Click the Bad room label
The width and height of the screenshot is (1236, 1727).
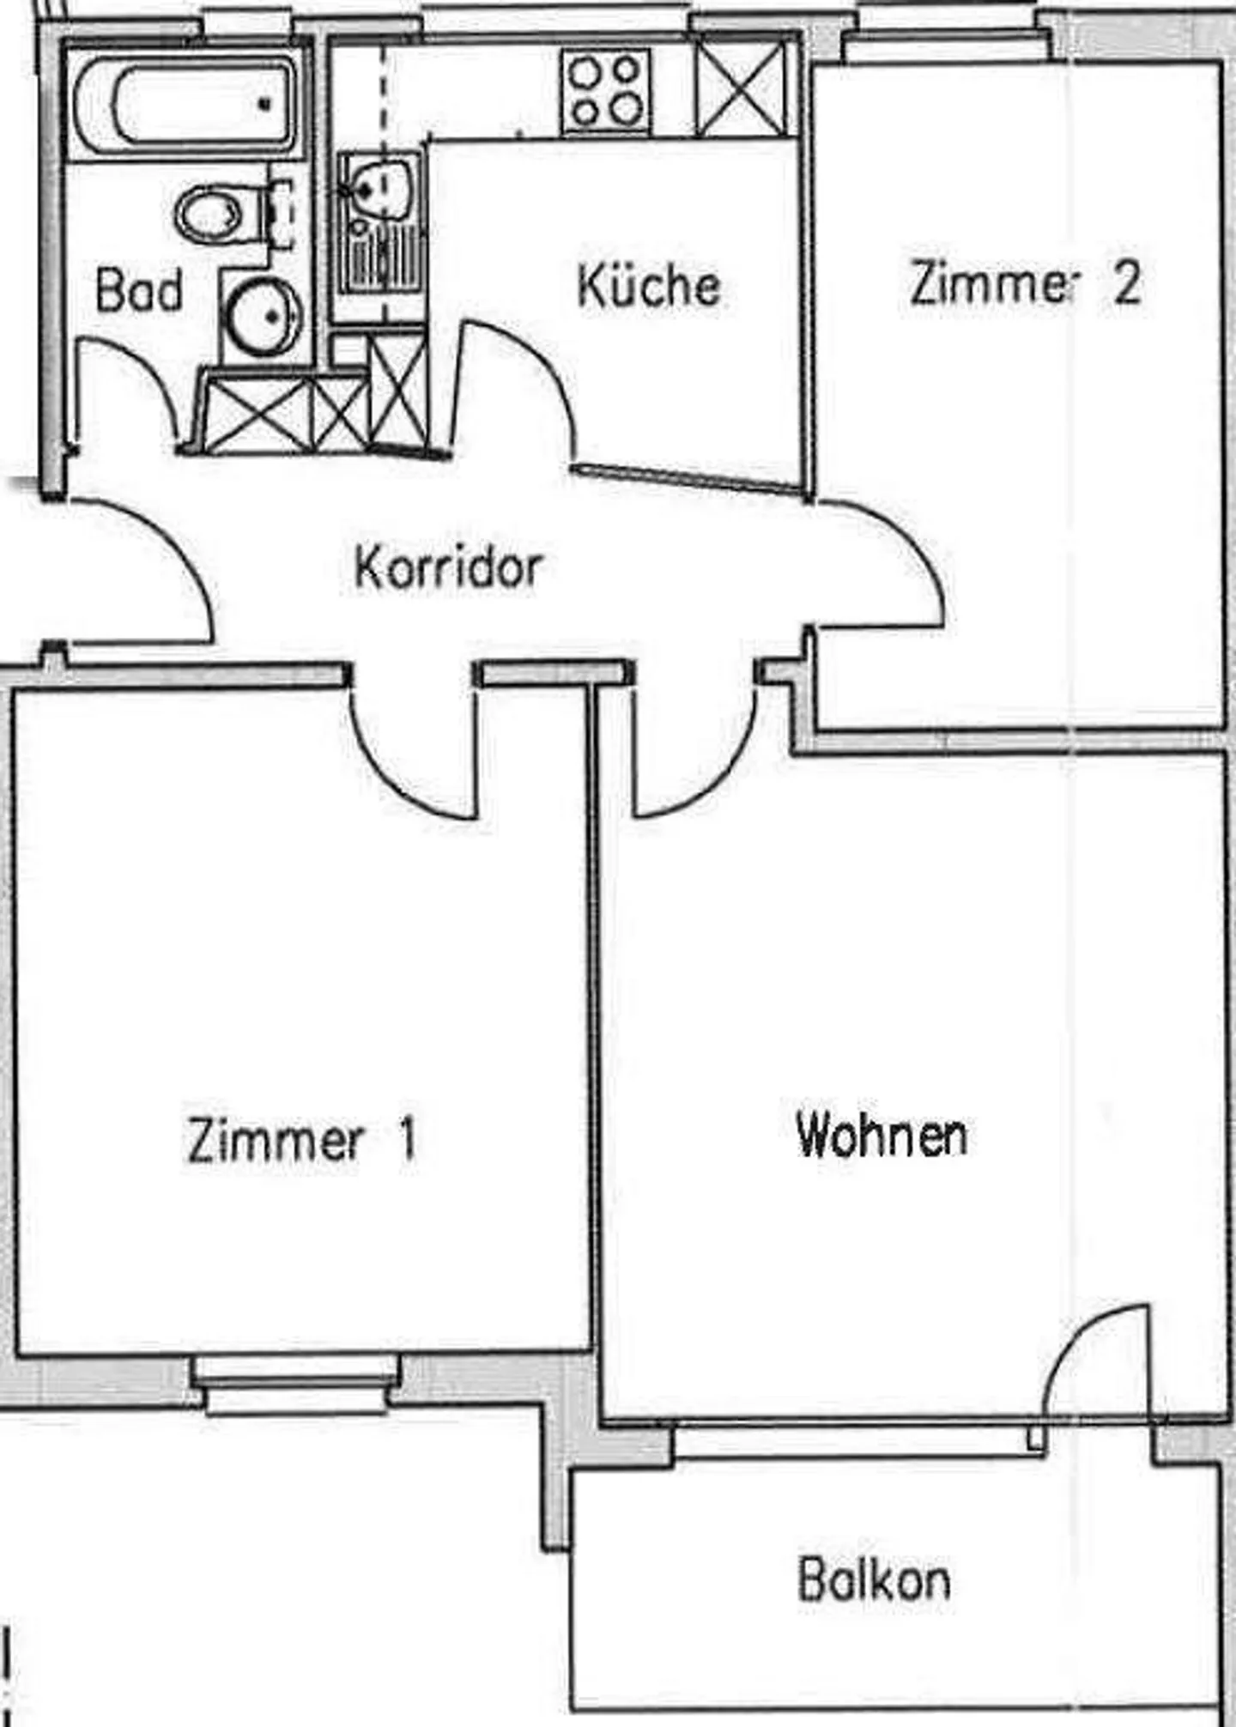click(139, 289)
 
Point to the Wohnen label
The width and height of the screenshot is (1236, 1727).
click(882, 1134)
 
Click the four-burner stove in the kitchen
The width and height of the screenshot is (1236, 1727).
click(607, 91)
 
